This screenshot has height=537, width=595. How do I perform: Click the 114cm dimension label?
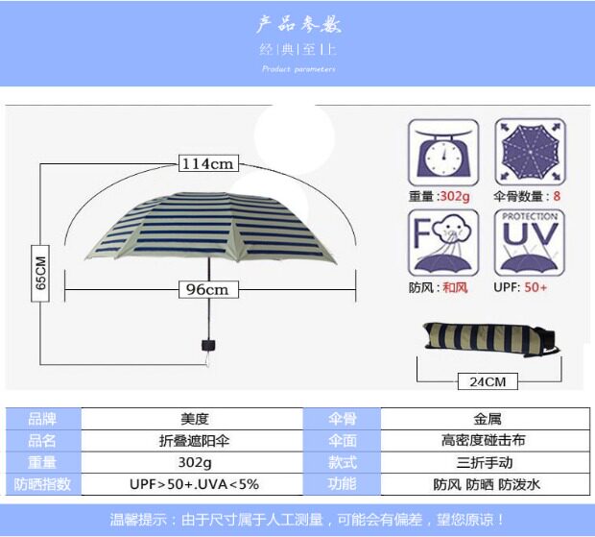click(208, 163)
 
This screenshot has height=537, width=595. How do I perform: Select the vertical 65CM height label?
click(40, 274)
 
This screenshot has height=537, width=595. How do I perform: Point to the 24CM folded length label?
click(488, 381)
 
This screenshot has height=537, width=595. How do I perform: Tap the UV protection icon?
click(528, 242)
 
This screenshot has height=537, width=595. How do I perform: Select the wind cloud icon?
click(442, 242)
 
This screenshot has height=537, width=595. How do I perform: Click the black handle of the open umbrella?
click(206, 345)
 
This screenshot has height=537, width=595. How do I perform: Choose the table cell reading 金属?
click(487, 419)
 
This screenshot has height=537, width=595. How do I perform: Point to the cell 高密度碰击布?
click(487, 441)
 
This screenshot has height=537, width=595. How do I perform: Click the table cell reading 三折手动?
click(487, 462)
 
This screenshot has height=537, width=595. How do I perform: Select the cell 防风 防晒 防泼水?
click(487, 484)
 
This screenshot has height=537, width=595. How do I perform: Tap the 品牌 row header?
click(42, 419)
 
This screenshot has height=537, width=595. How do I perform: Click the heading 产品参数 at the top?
click(298, 24)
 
